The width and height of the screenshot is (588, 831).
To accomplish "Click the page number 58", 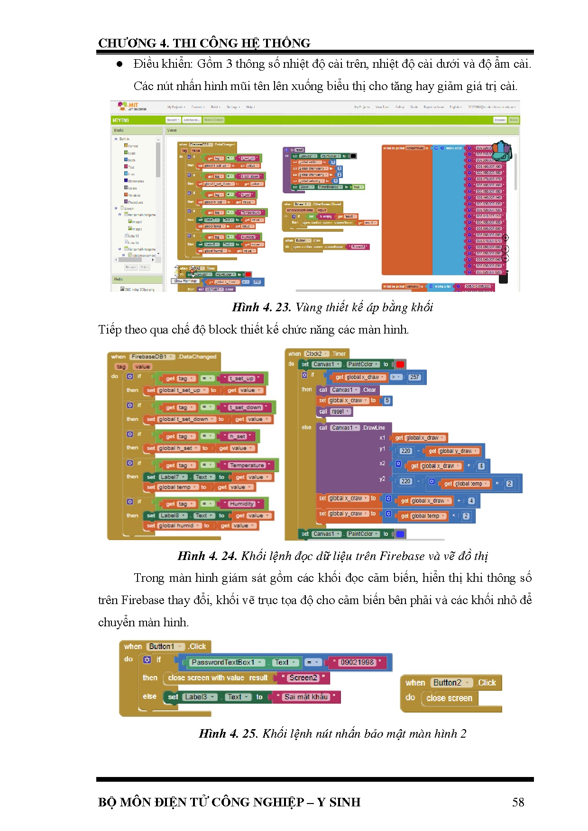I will click(518, 802).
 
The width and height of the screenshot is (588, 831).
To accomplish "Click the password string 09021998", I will click(357, 662).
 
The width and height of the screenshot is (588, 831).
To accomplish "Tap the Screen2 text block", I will click(303, 678).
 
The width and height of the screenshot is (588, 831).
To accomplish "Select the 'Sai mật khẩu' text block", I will click(306, 697).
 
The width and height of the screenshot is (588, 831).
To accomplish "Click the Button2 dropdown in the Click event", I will click(450, 683).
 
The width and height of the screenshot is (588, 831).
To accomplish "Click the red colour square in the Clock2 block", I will click(400, 364).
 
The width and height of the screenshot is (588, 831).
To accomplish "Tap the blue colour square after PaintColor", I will click(400, 534).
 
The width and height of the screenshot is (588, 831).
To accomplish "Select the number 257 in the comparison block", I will click(414, 377).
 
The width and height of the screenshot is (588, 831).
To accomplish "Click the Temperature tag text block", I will click(247, 465).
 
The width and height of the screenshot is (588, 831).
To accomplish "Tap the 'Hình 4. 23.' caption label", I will click(261, 307).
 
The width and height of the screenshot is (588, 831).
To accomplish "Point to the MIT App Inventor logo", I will click(131, 106).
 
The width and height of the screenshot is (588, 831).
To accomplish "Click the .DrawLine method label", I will click(374, 428).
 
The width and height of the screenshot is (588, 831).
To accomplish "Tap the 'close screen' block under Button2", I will click(449, 698).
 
